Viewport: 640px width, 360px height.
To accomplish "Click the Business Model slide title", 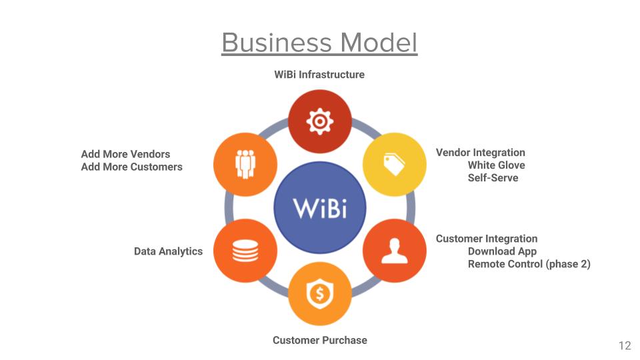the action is [319, 43].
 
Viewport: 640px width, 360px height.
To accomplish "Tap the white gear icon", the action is [320, 121].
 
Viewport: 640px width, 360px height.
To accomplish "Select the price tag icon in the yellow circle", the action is [394, 165].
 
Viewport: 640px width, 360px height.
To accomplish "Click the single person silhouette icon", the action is [394, 251].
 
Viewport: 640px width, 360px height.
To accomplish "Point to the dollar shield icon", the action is [320, 293].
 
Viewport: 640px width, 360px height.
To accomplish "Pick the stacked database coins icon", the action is [245, 251].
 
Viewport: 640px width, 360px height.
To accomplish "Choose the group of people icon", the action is [245, 164].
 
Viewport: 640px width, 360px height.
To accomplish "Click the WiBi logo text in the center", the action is [320, 208].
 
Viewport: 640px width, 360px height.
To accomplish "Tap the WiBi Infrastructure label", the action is [319, 75].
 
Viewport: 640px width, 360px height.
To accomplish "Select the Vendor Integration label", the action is [481, 153].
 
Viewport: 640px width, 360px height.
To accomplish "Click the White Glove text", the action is [496, 165].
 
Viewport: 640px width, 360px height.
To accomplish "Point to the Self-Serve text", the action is [493, 178].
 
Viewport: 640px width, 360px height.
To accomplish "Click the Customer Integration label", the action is [487, 239].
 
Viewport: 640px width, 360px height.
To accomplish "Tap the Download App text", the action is [502, 251].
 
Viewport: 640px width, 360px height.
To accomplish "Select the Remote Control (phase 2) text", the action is [529, 264].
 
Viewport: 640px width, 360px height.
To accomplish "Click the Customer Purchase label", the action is [319, 340].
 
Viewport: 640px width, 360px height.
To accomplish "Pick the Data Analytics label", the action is [168, 251].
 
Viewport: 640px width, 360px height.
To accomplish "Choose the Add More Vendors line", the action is [125, 154].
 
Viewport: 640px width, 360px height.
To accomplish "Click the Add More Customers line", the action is [131, 167].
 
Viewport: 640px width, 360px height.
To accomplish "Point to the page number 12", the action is [625, 346].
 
